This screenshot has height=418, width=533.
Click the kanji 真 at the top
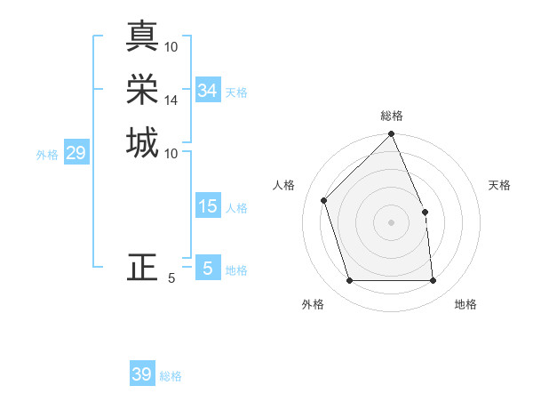pyautogui.click(x=142, y=36)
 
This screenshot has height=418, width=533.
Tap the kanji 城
pyautogui.click(x=142, y=143)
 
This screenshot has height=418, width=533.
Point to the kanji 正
pyautogui.click(x=142, y=267)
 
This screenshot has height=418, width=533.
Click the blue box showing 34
pyautogui.click(x=208, y=91)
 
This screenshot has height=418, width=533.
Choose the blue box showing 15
pyautogui.click(x=208, y=206)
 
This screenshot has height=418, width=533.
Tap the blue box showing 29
pyautogui.click(x=76, y=153)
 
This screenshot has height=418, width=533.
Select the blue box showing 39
pyautogui.click(x=142, y=374)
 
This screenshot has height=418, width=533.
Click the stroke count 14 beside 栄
pyautogui.click(x=171, y=100)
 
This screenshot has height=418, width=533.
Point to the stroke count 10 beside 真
pyautogui.click(x=171, y=46)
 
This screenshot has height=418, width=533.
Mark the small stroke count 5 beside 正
pyautogui.click(x=171, y=278)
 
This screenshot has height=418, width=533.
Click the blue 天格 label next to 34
pyautogui.click(x=236, y=92)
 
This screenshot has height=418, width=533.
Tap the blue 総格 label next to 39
pyautogui.click(x=171, y=376)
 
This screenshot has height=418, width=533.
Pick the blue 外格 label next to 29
pyautogui.click(x=47, y=155)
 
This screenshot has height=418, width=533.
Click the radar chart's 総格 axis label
pyautogui.click(x=392, y=116)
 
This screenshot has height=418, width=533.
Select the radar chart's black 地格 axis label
pyautogui.click(x=465, y=304)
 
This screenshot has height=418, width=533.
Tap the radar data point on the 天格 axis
pyautogui.click(x=425, y=212)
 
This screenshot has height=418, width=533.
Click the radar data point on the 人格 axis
pyautogui.click(x=324, y=200)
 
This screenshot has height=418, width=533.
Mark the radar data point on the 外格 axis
pyautogui.click(x=349, y=281)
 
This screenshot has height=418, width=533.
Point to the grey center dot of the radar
pyautogui.click(x=391, y=222)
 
